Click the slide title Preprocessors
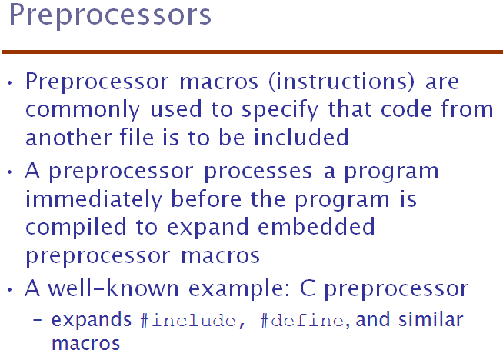coord(110,15)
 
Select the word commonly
coord(83,110)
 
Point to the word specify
coord(280,110)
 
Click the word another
coord(68,138)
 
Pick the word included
coord(301,138)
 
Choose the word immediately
coord(94,199)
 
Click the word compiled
coord(76,228)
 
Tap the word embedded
coord(316,226)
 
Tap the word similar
coord(431,319)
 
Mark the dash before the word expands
coord(37,319)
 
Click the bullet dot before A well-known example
coord(10,290)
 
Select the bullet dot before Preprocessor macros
coord(10,83)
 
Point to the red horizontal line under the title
coord(252,52)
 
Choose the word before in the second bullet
coord(206,199)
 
